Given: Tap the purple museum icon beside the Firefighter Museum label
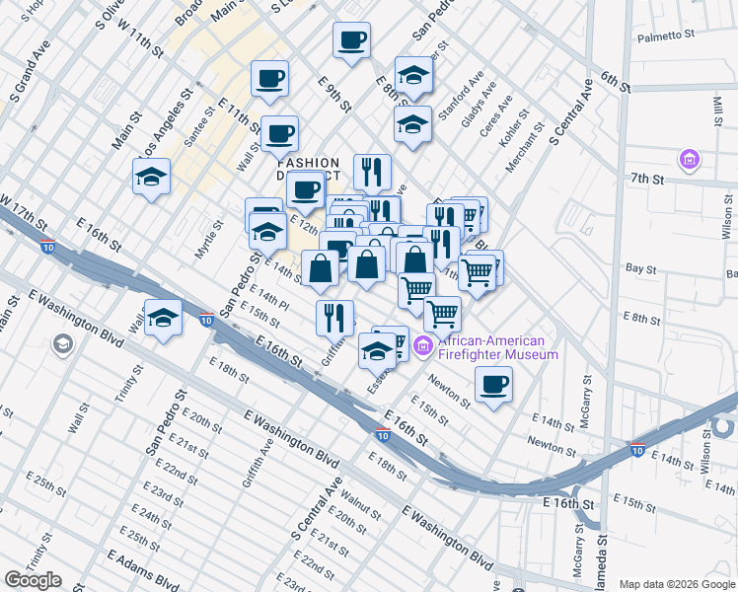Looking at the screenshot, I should (x=423, y=345).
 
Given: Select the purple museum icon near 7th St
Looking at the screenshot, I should (x=689, y=159).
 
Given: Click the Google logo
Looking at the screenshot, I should (x=33, y=580).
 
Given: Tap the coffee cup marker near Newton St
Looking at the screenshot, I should (x=493, y=384).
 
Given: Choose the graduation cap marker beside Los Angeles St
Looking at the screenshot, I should (x=151, y=178).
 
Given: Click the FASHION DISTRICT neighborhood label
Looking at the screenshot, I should (x=308, y=171).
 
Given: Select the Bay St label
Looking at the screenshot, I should (x=641, y=268).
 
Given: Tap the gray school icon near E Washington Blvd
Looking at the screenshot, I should (x=64, y=343).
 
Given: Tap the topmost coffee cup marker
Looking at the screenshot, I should (x=352, y=40).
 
